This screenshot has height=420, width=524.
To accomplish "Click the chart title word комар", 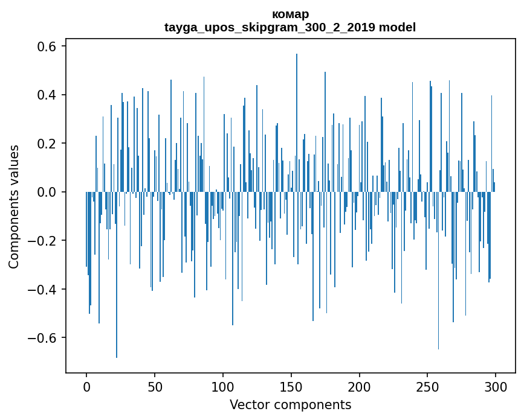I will (x=290, y=14).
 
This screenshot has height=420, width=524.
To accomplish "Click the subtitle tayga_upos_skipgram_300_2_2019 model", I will (x=290, y=27).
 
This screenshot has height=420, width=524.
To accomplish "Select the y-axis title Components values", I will (x=14, y=206).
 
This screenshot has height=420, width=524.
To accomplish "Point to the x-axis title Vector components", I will (x=290, y=404).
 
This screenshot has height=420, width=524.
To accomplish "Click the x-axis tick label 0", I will (x=86, y=386).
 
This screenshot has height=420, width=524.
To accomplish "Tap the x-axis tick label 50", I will (x=155, y=386).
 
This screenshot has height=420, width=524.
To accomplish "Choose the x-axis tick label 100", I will (x=223, y=386).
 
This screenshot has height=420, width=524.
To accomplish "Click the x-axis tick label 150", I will (x=291, y=386).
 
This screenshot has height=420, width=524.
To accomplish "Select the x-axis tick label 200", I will (x=360, y=386).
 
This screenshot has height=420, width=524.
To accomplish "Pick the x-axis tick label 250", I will (x=428, y=386).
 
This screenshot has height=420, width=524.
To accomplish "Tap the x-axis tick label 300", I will (x=496, y=386).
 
